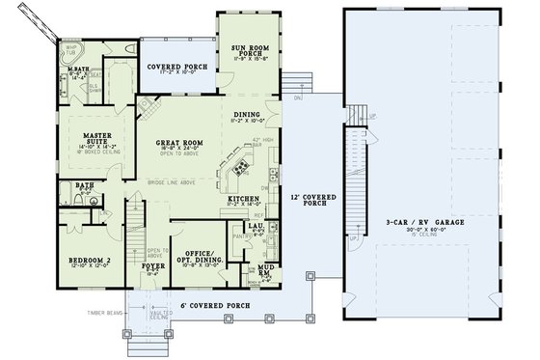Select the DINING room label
(247, 113)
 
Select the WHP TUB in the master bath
(71, 50)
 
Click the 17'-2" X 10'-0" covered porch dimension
(179, 76)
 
